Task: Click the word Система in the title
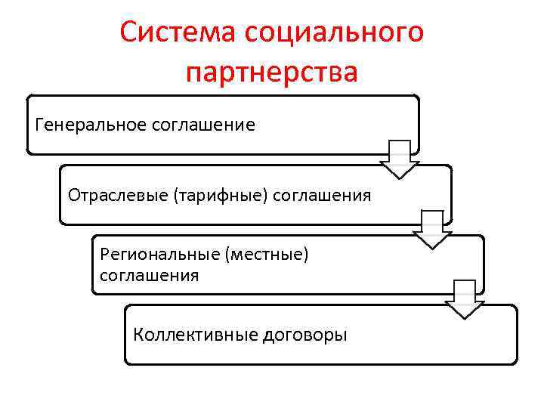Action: pyautogui.click(x=176, y=33)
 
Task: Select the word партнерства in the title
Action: pyautogui.click(x=271, y=73)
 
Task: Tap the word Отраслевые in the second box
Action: pyautogui.click(x=117, y=196)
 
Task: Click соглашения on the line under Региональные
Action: pyautogui.click(x=150, y=275)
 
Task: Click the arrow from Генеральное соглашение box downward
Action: pyautogui.click(x=399, y=159)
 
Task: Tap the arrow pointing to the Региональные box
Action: pyautogui.click(x=431, y=230)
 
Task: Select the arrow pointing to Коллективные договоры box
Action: pyautogui.click(x=464, y=300)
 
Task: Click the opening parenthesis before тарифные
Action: pyautogui.click(x=175, y=196)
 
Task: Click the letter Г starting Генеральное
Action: pyautogui.click(x=39, y=124)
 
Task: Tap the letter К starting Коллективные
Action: pyautogui.click(x=138, y=335)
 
